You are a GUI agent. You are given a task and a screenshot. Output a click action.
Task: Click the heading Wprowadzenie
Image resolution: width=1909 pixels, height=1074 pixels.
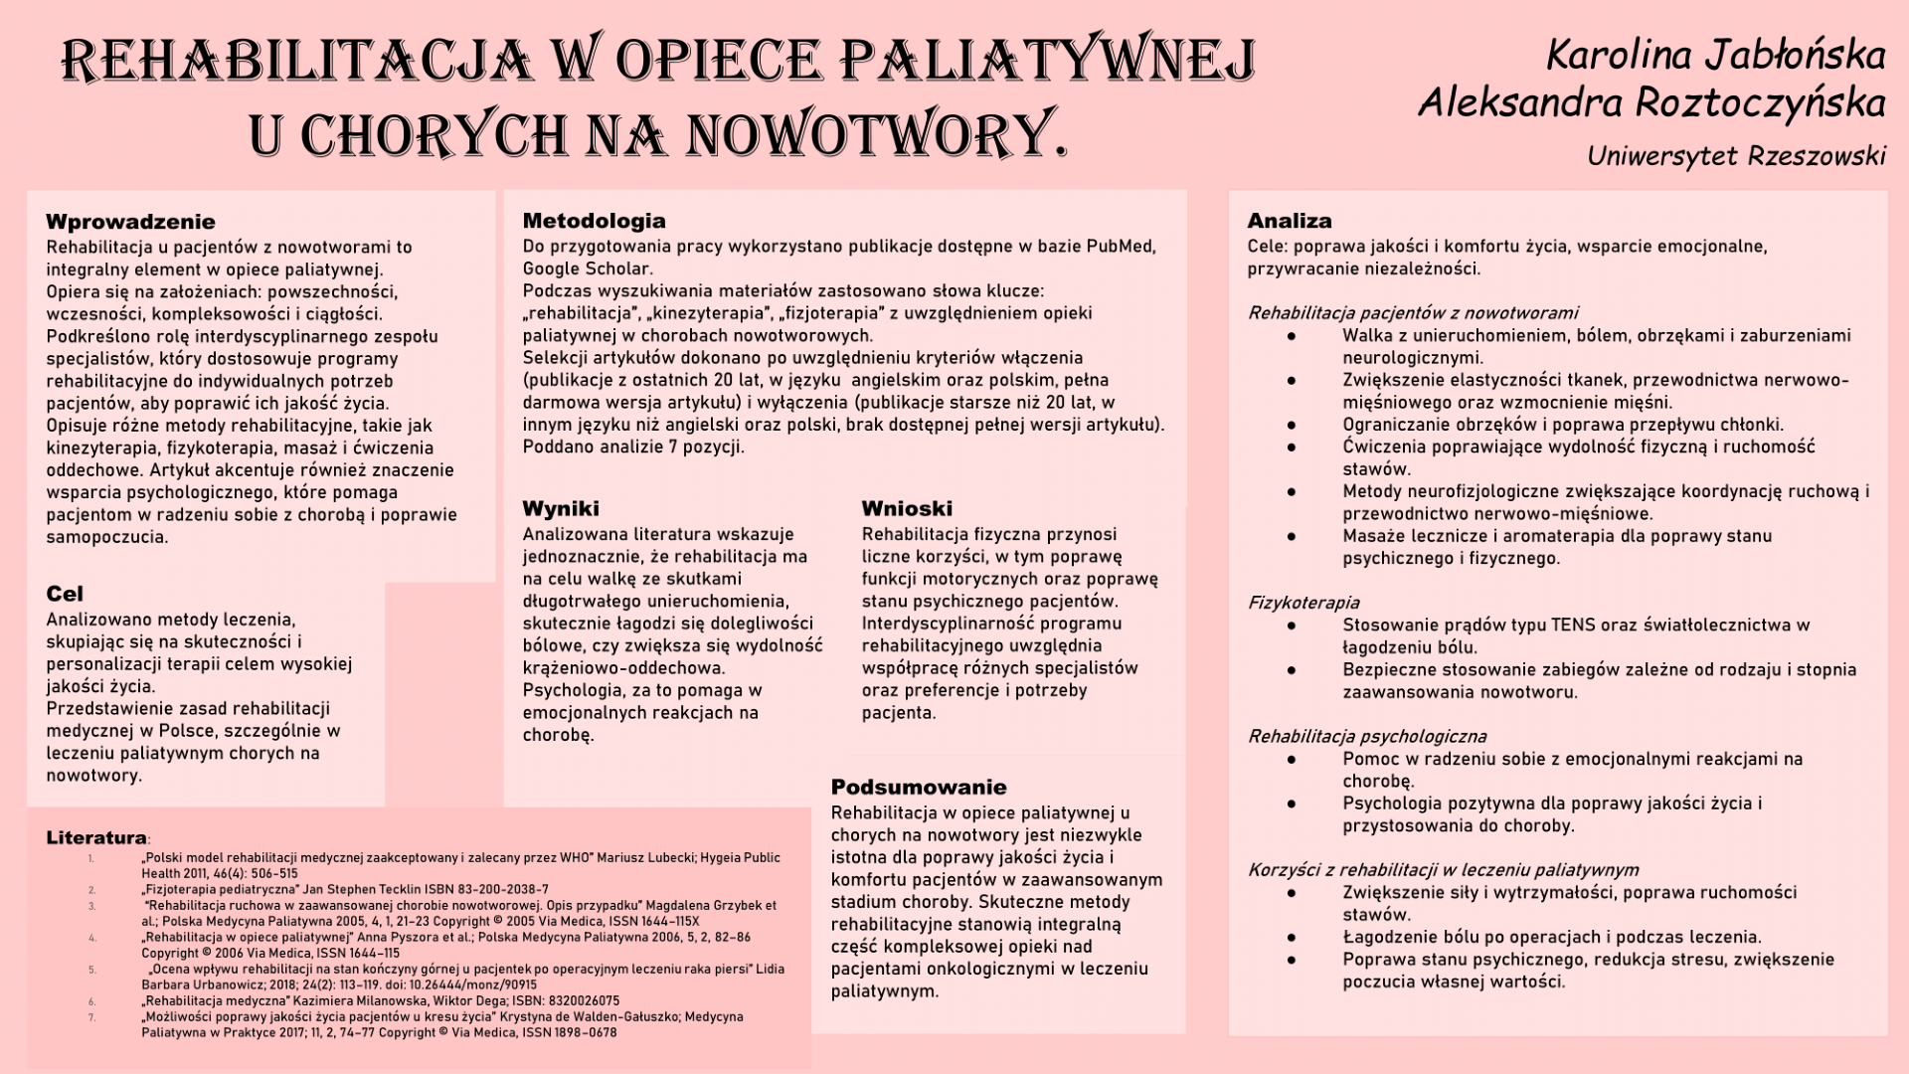tap(130, 222)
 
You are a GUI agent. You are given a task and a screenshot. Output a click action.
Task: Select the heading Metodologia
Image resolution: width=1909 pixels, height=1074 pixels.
tap(594, 221)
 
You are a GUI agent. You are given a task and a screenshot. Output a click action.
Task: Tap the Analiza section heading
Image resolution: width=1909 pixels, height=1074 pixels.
tap(1289, 221)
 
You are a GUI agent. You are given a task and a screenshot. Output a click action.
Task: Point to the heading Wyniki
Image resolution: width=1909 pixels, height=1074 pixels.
tap(561, 509)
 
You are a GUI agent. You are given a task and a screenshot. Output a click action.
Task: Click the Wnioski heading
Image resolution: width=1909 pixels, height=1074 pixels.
tap(907, 509)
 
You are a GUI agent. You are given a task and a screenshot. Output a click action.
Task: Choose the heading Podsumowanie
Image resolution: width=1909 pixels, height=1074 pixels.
tap(919, 788)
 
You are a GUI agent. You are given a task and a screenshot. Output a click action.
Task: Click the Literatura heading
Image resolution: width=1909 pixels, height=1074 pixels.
tap(96, 838)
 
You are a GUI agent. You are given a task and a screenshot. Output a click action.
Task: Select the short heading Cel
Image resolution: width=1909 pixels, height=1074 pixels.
tap(65, 595)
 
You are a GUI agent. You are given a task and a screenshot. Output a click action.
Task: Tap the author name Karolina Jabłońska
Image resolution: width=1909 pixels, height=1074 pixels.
tap(1715, 55)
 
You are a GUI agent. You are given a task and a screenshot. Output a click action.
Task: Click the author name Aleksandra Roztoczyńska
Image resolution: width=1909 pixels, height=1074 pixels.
tap(1651, 102)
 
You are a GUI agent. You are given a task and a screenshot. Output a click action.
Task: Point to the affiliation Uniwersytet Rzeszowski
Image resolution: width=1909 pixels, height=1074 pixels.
tap(1736, 156)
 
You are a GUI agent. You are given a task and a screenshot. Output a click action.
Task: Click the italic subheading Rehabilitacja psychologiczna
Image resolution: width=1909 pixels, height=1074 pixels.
tap(1367, 737)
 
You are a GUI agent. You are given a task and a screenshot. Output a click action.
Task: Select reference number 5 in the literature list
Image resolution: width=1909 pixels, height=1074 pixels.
tap(91, 970)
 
